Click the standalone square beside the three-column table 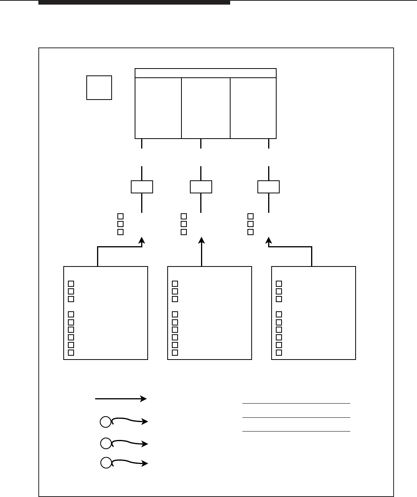(99, 88)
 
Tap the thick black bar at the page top (134, 2)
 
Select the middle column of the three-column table (206, 108)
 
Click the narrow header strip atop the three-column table (206, 73)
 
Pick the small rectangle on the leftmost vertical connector (142, 187)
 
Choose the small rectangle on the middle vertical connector (201, 187)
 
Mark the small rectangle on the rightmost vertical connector (269, 187)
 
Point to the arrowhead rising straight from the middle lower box (201, 240)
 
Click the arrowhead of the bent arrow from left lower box (142, 240)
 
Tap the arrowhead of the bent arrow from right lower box (269, 240)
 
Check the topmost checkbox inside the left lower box (71, 284)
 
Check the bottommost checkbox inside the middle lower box (175, 353)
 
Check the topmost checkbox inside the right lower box (279, 284)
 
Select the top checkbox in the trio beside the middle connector (184, 216)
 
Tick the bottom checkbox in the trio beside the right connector (251, 232)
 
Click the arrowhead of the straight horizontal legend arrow (144, 399)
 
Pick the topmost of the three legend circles (105, 422)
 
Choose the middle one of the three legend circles (105, 443)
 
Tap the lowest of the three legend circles (105, 463)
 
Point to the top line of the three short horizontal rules (296, 403)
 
